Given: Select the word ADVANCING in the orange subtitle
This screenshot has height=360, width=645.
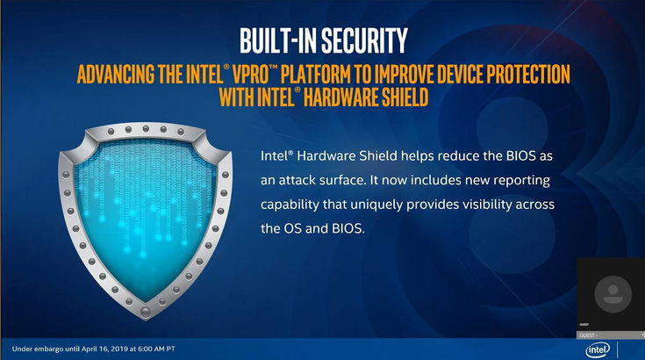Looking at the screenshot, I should (x=119, y=72).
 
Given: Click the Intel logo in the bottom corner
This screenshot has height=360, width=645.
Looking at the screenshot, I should (x=596, y=349).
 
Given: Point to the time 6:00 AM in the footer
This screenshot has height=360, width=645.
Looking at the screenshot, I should (x=147, y=349).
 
